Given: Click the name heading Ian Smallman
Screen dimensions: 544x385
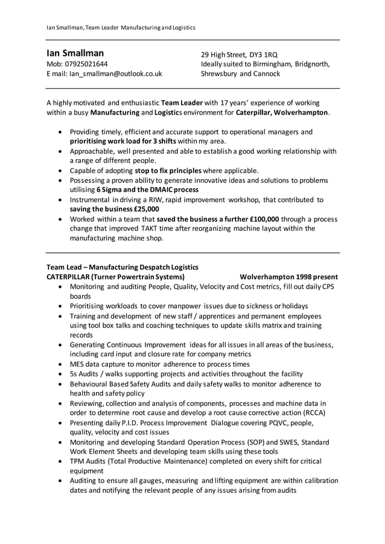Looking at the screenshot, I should (x=75, y=53).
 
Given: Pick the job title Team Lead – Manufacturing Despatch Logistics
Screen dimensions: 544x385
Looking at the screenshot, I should (x=122, y=267).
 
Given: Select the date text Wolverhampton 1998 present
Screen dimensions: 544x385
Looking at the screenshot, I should (x=288, y=276).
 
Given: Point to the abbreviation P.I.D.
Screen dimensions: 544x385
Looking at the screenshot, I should (x=133, y=423).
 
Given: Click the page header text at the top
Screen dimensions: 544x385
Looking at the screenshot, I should (x=121, y=28).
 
